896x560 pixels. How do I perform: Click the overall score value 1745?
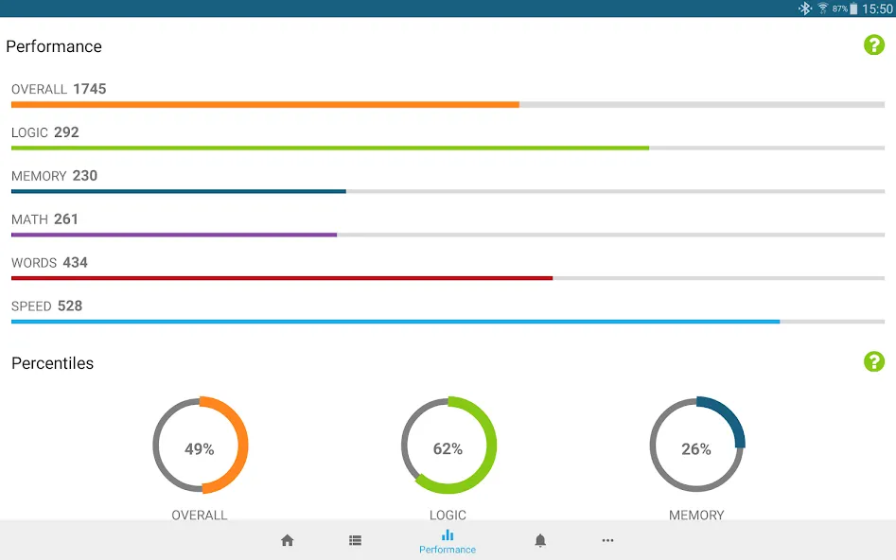point(90,89)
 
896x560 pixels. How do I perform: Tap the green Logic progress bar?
point(330,148)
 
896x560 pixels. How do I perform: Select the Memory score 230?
point(84,176)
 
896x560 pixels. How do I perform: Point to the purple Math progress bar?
point(174,235)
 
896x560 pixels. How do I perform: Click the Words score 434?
point(75,263)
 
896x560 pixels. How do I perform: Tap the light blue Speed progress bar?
point(395,322)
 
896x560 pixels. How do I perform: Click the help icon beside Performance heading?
point(873,44)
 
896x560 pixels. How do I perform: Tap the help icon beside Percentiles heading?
point(873,361)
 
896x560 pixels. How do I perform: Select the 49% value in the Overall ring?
point(200,449)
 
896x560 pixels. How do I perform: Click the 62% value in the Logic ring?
point(448,449)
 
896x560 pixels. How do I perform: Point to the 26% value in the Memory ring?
point(696,449)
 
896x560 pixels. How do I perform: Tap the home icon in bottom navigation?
point(288,540)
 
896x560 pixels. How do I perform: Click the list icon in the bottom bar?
point(356,540)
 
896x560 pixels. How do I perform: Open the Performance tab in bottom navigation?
point(448,542)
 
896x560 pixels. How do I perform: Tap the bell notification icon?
point(540,540)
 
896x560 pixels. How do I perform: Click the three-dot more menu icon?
point(607,540)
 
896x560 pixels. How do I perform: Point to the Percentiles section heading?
point(53,363)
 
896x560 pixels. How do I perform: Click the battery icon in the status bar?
point(853,9)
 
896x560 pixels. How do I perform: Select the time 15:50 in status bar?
point(877,9)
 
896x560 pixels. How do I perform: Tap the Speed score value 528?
point(70,306)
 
